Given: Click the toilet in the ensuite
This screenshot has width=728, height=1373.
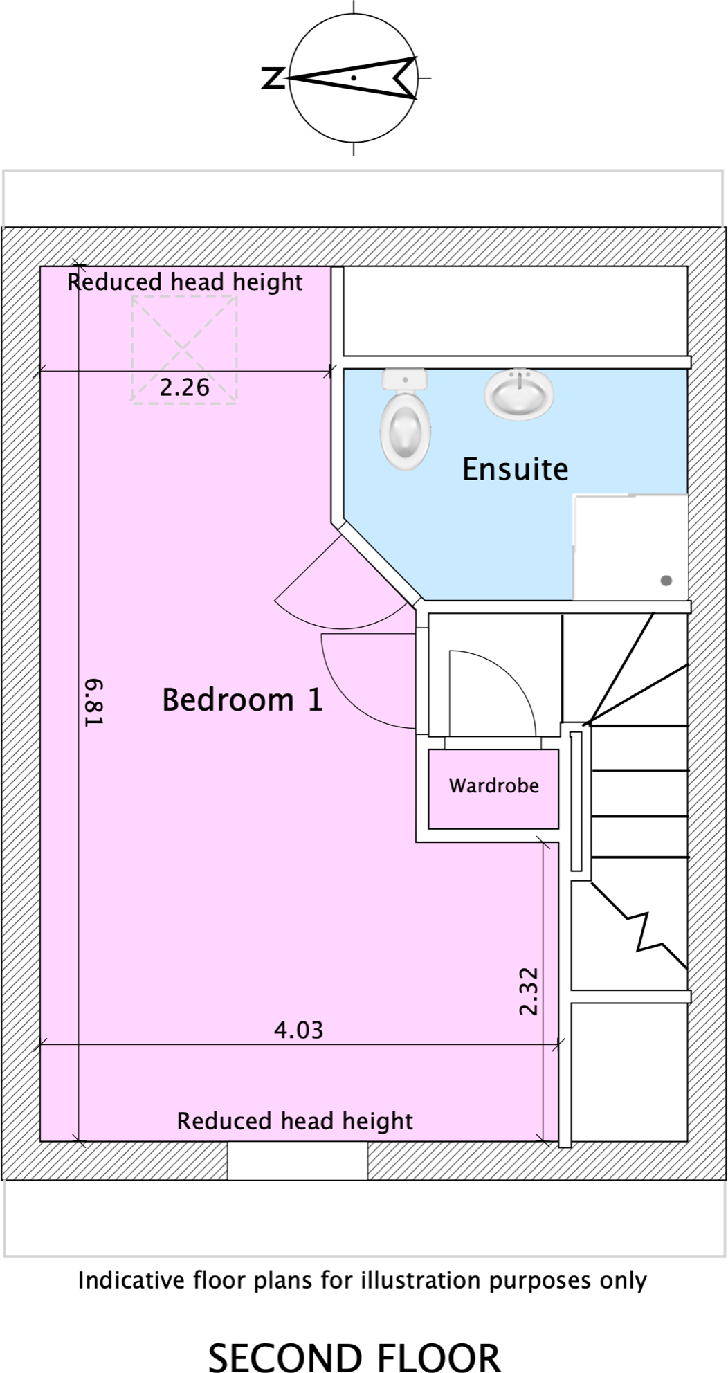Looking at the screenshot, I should coord(405,421).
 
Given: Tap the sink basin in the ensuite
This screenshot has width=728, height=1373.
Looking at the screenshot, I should coord(519,394).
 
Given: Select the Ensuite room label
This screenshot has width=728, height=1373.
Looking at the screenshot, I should coord(515,469).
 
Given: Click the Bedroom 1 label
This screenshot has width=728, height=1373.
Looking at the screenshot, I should coord(242,700).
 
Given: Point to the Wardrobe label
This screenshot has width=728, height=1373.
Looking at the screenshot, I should coord(493,785).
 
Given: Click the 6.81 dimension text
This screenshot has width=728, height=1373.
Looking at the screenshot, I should coord(93,702).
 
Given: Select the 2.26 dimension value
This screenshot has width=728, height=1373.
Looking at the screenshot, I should coord(184,388).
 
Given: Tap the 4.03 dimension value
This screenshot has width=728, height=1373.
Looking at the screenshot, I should coord(298,1030).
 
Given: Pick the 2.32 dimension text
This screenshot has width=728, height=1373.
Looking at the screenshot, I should coord(529,991).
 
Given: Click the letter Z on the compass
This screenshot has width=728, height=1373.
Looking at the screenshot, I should coord(273,78).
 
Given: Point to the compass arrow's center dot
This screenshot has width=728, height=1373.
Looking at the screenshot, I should coord(354,78).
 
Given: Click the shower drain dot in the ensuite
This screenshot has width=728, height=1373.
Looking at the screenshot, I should coord(666,581).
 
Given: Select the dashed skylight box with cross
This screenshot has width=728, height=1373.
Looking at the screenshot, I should coord(184,349).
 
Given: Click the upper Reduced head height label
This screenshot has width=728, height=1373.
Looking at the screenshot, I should coord(185,282).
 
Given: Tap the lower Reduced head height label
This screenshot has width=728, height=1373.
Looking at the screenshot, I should coord(295,1121).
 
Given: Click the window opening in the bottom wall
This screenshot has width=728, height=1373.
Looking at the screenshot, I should coord(298,1161).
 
